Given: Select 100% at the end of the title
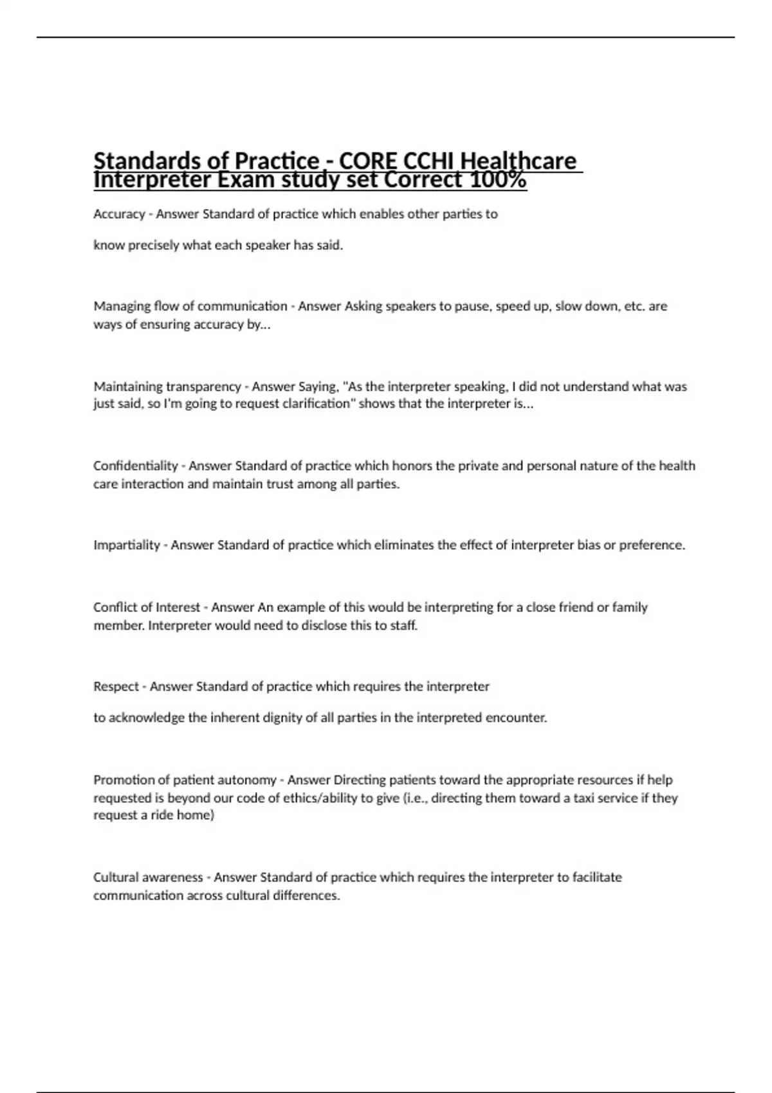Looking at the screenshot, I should coord(498,181).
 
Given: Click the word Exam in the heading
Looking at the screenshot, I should coord(248,181).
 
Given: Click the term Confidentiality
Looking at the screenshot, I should coord(135,465).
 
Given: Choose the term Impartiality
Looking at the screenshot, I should coord(127,545).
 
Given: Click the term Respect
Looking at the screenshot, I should coord(116,687).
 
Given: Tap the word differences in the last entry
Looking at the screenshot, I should coord(306,896).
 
